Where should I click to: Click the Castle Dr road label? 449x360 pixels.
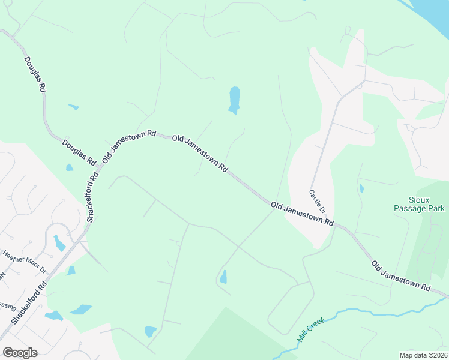[x=317, y=202]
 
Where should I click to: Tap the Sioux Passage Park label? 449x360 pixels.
[x=419, y=203]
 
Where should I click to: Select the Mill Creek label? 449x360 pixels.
[x=310, y=331]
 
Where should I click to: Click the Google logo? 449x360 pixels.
[x=20, y=352]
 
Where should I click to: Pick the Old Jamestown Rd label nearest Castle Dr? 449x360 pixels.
[x=302, y=214]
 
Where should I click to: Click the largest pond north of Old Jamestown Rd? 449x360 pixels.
[x=234, y=100]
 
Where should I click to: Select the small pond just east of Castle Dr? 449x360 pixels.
[x=361, y=188]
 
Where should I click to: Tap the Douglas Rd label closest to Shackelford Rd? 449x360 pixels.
[x=79, y=152]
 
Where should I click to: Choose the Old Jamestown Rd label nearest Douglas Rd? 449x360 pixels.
[x=129, y=146]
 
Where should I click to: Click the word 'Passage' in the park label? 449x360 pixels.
[x=419, y=208]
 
